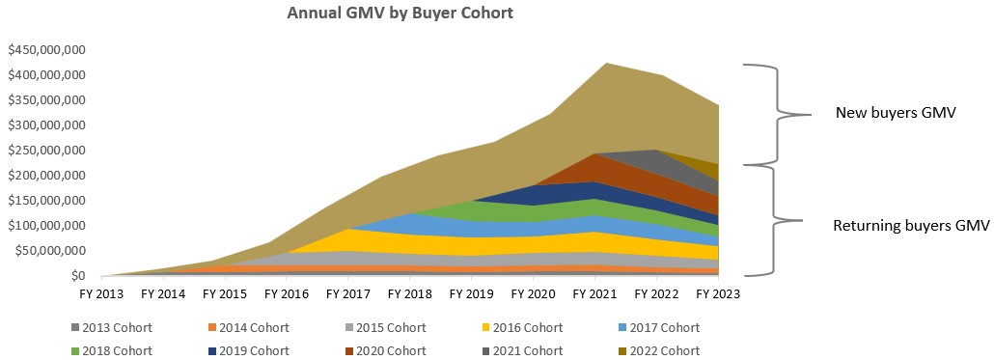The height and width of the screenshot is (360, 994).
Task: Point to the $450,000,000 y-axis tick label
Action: click(61, 50)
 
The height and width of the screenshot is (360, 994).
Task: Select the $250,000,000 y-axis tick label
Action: click(61, 151)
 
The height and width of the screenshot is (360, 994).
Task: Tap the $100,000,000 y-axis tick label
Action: click(61, 226)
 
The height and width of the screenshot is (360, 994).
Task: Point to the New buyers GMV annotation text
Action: click(895, 114)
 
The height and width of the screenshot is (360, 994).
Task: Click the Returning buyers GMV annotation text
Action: click(911, 225)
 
